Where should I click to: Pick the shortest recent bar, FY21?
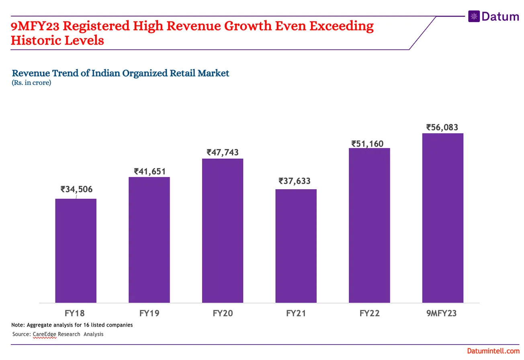[296, 245]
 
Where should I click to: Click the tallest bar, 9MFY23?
[442, 218]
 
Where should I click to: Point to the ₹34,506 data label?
[76, 189]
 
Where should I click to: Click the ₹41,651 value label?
[149, 172]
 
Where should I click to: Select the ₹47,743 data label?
[223, 152]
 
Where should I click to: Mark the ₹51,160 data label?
[367, 143]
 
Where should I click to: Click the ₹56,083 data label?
[442, 128]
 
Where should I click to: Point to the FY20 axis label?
[223, 313]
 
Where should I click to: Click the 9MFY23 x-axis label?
[441, 313]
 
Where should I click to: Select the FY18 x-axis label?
[75, 313]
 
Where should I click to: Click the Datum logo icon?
[474, 16]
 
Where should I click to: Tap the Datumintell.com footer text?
[493, 351]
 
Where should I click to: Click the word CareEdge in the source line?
[44, 334]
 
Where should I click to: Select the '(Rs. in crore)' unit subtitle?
[31, 83]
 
